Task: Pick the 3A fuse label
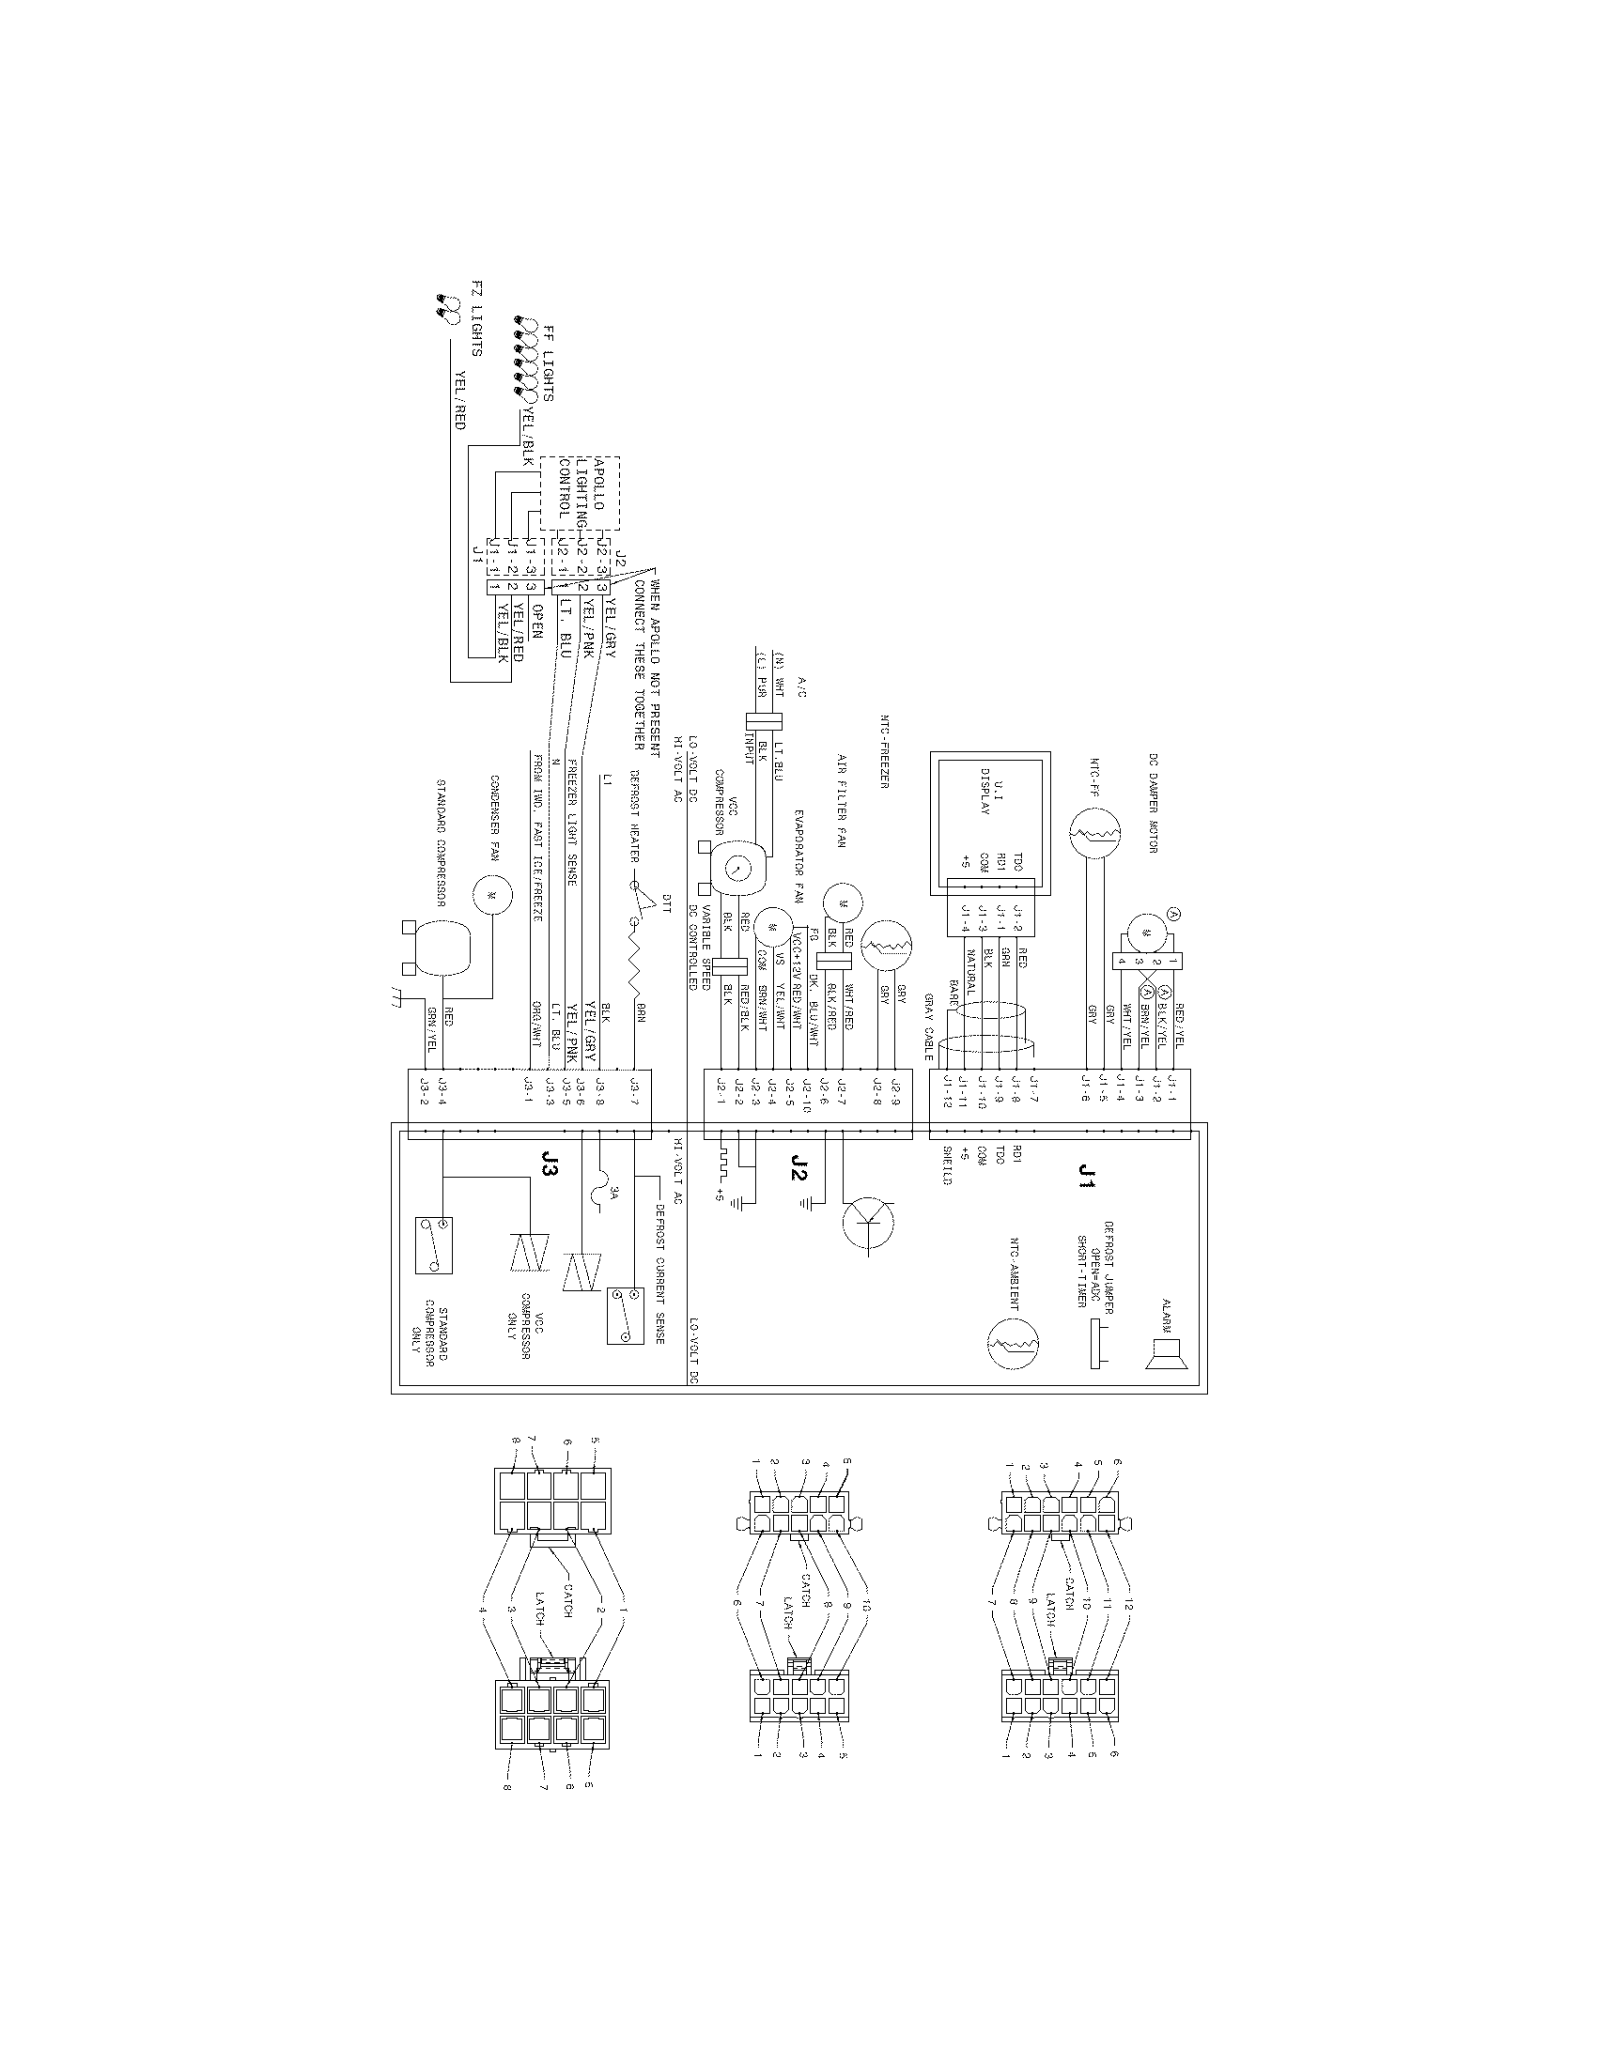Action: click(612, 1195)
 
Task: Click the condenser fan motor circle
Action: click(492, 894)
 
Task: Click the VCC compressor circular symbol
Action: click(738, 866)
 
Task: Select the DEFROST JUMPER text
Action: click(1109, 1262)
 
